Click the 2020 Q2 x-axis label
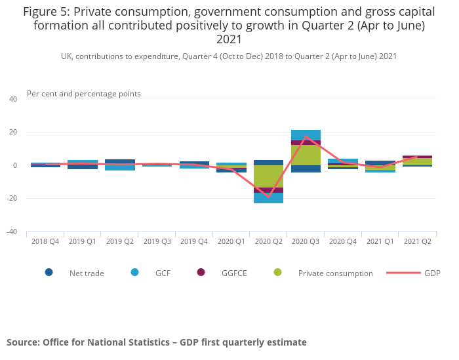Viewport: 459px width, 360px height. (x=268, y=241)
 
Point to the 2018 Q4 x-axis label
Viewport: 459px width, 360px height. (x=45, y=241)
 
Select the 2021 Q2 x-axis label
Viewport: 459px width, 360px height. (x=417, y=241)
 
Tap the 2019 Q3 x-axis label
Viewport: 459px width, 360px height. (x=157, y=241)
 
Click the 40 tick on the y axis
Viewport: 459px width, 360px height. (x=13, y=99)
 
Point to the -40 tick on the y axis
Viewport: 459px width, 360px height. (x=12, y=231)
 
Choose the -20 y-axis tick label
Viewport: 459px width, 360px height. (x=12, y=198)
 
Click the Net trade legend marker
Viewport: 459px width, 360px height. (x=49, y=273)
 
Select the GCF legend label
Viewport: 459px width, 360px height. (x=163, y=273)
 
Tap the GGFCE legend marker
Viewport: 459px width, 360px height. (x=201, y=273)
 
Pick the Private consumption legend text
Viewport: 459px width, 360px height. (x=335, y=273)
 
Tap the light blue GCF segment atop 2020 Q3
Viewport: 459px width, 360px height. (x=306, y=135)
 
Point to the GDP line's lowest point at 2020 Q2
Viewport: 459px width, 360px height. (x=268, y=196)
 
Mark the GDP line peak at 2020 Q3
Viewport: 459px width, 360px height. (x=306, y=137)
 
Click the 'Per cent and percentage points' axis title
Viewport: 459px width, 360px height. (x=84, y=94)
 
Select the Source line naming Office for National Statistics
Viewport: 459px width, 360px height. (x=157, y=342)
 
